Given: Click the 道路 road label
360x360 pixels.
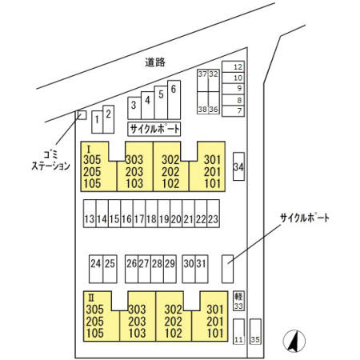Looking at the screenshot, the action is coord(155,62).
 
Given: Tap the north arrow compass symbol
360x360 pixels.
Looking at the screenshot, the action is coord(294,341).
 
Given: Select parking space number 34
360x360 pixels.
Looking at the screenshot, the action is coord(238,166).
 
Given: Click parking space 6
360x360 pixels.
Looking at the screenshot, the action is coord(174,100).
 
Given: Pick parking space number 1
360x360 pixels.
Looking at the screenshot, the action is coord(97,122).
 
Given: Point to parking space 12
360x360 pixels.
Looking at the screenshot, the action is coord(233,66).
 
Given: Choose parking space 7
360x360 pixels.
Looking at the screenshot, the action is coord(233,110).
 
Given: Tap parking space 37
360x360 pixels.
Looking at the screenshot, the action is coord(202,81).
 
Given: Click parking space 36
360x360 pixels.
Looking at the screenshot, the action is coord(214,103).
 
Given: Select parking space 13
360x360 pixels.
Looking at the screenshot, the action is coord(90,214).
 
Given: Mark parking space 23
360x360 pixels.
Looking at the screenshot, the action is coord(214,214).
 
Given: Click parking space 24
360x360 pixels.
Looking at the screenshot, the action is coord(96,269).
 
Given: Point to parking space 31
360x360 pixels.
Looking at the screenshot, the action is coord(202,269).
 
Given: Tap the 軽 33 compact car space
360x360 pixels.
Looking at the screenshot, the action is coord(238,301).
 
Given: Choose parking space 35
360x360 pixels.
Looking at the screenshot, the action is coord(255,331).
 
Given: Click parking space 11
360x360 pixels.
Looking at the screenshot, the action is coord(238,331).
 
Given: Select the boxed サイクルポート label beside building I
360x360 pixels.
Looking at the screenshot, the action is coord(154,129).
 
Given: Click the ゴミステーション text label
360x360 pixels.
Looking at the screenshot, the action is coord(50,161).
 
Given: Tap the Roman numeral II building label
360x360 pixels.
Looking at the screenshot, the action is coord(91,297).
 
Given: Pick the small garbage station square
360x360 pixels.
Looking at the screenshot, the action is coord(82,115).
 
